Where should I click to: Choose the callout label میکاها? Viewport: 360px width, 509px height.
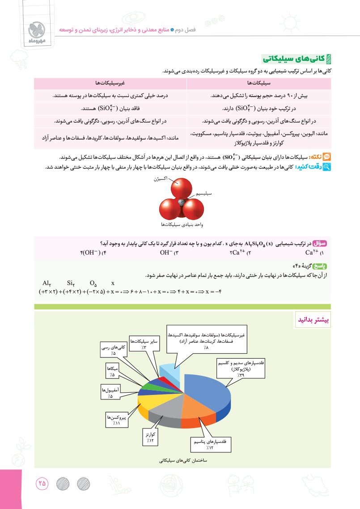pos(111,370)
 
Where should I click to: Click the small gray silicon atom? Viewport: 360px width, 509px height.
pos(181,202)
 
